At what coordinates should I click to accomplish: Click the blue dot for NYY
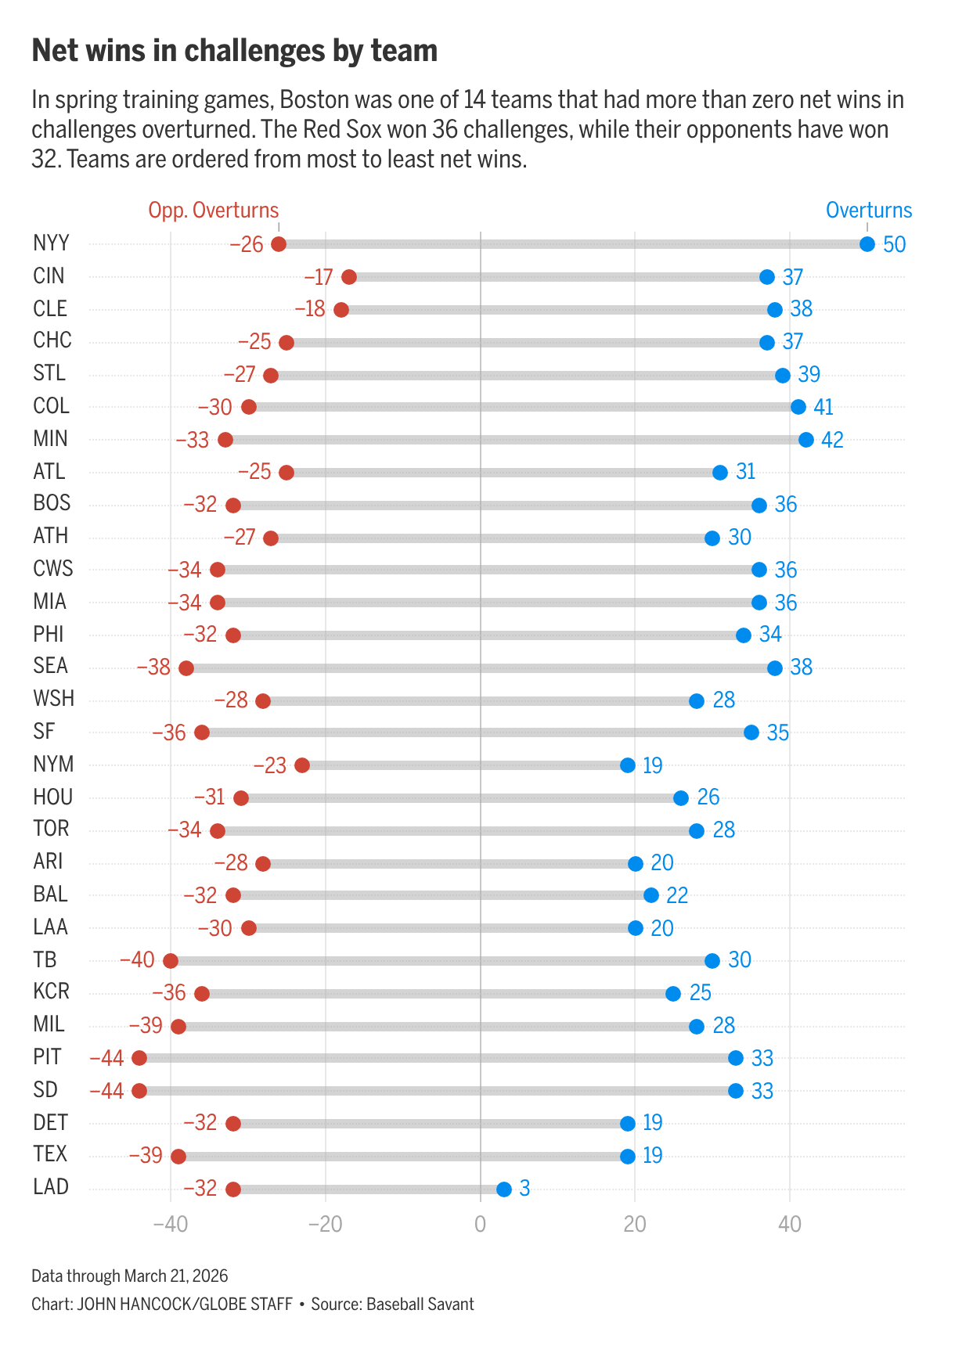pos(867,244)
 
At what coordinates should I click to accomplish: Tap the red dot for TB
pos(171,961)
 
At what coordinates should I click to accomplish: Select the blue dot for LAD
pos(504,1189)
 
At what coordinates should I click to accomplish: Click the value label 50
pos(894,244)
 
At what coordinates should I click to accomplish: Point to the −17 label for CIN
pos(319,277)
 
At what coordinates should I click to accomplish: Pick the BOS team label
pos(52,503)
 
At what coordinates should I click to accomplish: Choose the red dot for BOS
pos(233,506)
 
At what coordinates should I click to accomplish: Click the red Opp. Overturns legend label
pos(214,211)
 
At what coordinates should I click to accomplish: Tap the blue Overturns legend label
pos(869,211)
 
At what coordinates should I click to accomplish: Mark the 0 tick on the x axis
pos(480,1224)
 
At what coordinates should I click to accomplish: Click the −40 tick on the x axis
pos(170,1224)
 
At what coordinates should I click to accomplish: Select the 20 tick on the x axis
pos(635,1224)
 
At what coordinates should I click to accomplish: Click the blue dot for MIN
pos(806,440)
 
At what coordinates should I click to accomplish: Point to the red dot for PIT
pos(139,1058)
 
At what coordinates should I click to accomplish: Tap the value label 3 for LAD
pos(524,1189)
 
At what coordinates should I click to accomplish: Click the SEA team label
pos(51,666)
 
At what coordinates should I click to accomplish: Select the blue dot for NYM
pos(628,765)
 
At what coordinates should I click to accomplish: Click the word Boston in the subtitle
pos(315,100)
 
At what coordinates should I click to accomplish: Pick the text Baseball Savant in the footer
pos(420,1305)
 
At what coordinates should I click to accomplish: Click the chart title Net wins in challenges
pos(234,51)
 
